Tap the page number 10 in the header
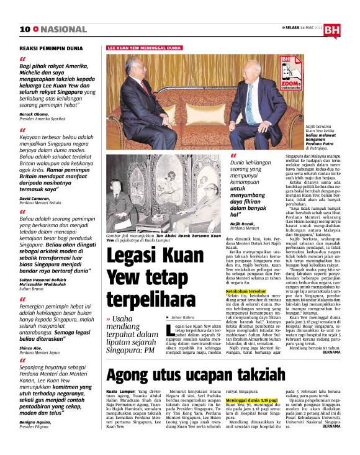click(25, 29)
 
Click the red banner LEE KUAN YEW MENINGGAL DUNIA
click(145, 47)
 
